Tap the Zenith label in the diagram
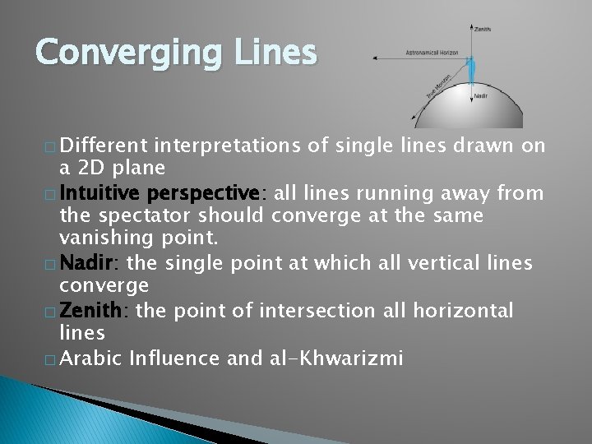pyautogui.click(x=483, y=30)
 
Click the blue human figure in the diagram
pyautogui.click(x=470, y=71)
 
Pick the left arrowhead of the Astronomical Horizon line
pyautogui.click(x=375, y=58)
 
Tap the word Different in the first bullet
pyautogui.click(x=99, y=146)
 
